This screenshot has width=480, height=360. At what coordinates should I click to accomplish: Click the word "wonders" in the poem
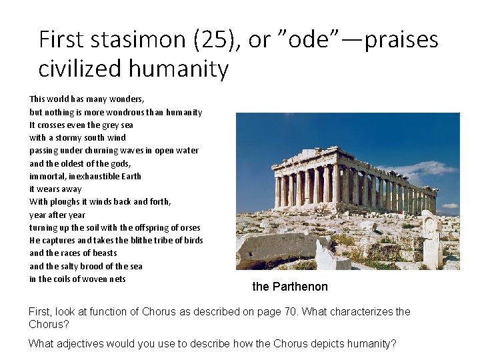pos(127,99)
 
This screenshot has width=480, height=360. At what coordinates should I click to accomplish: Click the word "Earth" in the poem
pos(130,176)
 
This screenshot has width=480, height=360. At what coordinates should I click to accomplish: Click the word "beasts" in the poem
pos(103,253)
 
